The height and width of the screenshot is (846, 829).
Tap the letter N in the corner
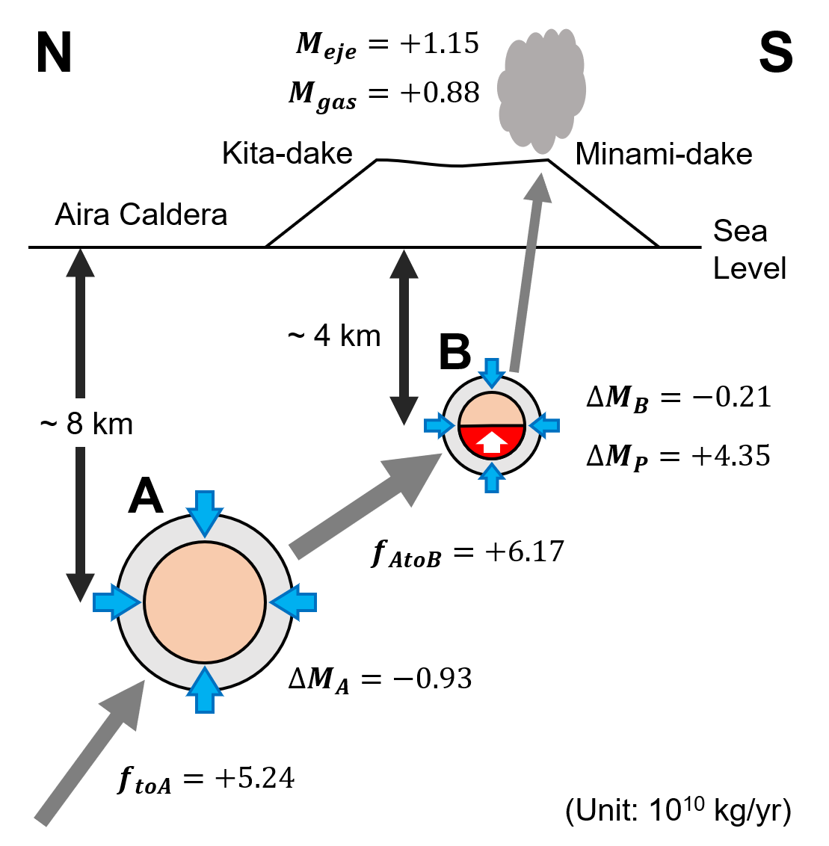54,54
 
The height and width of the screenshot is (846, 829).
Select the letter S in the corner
775,54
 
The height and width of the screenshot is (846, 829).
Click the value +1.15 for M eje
439,43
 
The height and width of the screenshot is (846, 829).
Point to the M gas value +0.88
440,93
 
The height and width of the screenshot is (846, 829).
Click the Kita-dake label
287,154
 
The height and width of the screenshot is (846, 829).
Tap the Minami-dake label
663,154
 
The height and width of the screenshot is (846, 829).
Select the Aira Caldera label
141,214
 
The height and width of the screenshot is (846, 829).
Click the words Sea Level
748,249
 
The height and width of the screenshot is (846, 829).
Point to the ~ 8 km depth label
87,424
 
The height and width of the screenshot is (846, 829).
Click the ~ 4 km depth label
334,336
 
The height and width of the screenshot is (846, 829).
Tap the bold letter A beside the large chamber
145,497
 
